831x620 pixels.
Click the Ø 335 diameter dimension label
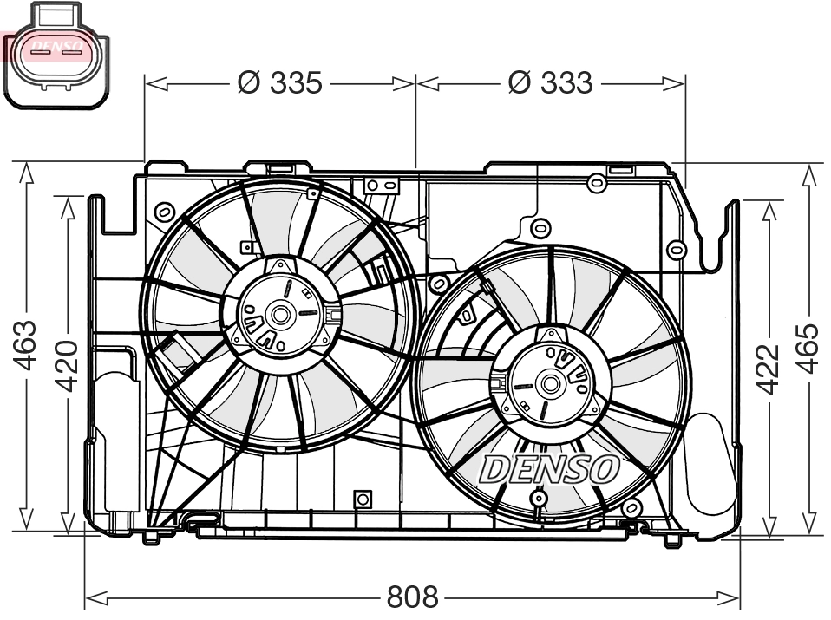coord(279,83)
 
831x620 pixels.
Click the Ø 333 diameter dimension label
coord(550,83)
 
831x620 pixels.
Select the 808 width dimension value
coord(412,597)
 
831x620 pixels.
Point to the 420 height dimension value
coord(67,364)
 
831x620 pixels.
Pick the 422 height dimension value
coord(768,368)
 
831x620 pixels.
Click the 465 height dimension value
coord(808,348)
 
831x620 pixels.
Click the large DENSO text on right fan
coord(548,469)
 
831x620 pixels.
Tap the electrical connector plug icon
coord(55,55)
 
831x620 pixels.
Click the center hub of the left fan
coord(280,314)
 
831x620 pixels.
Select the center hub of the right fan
coord(550,383)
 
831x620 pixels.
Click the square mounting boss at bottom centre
coord(363,499)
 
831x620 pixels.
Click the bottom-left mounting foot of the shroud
coord(151,537)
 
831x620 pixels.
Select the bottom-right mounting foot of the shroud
coord(671,540)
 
